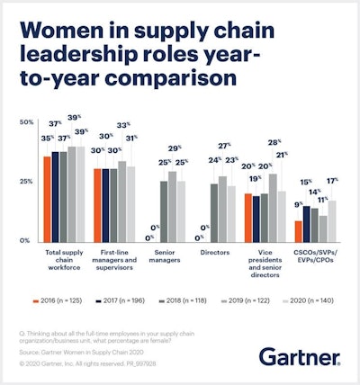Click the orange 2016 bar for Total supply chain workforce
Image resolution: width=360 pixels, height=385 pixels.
coord(47,198)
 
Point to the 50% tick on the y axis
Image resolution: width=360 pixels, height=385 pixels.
coord(27,122)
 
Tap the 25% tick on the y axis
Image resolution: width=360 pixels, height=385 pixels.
coord(27,181)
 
